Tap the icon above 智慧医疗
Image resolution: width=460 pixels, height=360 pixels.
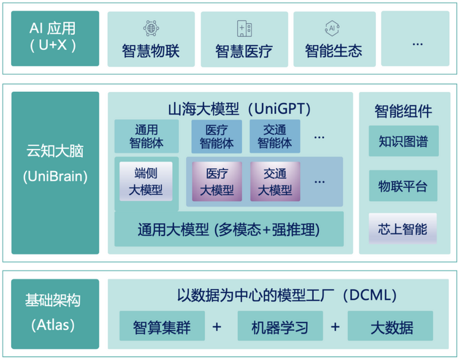pyautogui.click(x=244, y=28)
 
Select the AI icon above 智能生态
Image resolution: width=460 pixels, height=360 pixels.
pyautogui.click(x=332, y=28)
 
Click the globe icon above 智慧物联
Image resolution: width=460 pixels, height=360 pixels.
pyautogui.click(x=151, y=28)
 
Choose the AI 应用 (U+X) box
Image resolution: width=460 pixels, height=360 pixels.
pyautogui.click(x=55, y=38)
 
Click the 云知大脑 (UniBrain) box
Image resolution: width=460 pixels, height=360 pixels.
pyautogui.click(x=55, y=172)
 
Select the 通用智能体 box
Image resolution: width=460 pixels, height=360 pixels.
pyautogui.click(x=147, y=136)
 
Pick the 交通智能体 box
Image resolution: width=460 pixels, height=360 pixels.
pyautogui.click(x=275, y=136)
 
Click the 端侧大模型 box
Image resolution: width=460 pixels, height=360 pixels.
pyautogui.click(x=146, y=182)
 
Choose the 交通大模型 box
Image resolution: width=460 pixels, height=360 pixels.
pyautogui.click(x=275, y=182)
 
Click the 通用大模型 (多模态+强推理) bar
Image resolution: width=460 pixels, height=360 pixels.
pyautogui.click(x=229, y=229)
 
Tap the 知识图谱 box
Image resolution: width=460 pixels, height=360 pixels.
pyautogui.click(x=403, y=142)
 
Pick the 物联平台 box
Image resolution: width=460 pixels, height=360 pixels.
pyautogui.click(x=403, y=186)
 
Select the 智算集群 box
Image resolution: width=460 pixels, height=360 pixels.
pyautogui.click(x=161, y=326)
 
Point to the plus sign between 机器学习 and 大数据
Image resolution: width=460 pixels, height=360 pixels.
pyautogui.click(x=335, y=326)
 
